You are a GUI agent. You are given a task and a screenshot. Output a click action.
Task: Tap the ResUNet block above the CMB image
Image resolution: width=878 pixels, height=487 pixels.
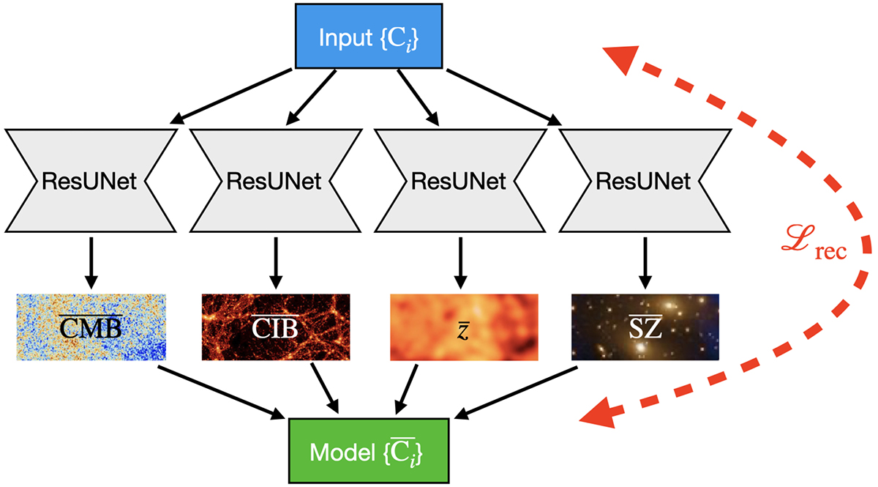[90, 181]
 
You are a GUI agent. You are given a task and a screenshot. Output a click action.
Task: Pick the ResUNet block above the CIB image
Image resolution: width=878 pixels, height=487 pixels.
[275, 181]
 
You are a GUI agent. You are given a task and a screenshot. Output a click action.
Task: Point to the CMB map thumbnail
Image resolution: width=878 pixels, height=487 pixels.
[91, 327]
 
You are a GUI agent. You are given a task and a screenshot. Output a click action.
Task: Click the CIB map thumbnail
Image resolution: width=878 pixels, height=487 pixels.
[276, 327]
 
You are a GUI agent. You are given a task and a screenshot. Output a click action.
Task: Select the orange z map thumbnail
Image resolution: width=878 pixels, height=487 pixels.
[464, 327]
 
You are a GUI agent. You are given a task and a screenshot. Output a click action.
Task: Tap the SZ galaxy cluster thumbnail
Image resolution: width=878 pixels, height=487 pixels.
[645, 327]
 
